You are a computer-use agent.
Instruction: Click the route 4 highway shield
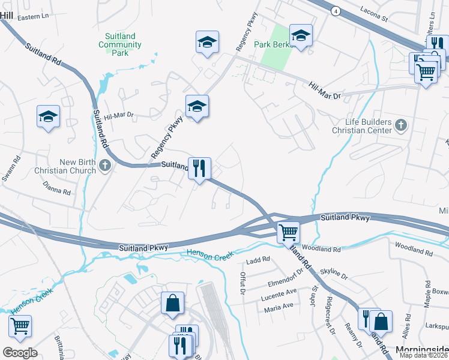pyautogui.click(x=334, y=10)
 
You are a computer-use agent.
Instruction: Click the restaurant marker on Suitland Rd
pyautogui.click(x=199, y=169)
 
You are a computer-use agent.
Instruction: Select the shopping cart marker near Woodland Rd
pyautogui.click(x=289, y=232)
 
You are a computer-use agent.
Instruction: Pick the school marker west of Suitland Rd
pyautogui.click(x=49, y=117)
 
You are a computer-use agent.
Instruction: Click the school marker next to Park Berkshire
pyautogui.click(x=301, y=35)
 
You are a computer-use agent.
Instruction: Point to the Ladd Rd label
pyautogui.click(x=258, y=261)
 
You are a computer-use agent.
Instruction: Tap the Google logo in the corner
pyautogui.click(x=20, y=352)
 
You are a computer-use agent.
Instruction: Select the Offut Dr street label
pyautogui.click(x=243, y=283)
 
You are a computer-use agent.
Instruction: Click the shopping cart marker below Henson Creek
pyautogui.click(x=20, y=326)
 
